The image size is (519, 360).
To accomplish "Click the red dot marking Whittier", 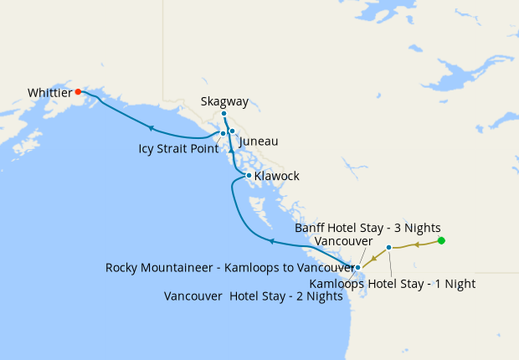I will tap(78, 91).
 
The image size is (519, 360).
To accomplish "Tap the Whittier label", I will tap(49, 92).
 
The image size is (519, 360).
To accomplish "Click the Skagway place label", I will tap(224, 101).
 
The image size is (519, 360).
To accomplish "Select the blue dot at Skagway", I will tap(224, 113).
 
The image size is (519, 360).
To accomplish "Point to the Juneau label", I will tap(258, 141).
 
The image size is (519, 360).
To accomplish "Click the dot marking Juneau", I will tap(232, 131).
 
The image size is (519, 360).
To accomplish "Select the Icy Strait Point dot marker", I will tap(223, 133).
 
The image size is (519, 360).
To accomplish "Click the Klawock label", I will tap(276, 177).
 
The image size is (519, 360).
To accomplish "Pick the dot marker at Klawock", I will tap(249, 175).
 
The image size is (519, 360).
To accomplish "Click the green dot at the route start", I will tap(441, 241).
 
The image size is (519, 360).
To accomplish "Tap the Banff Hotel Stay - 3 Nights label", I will tap(367, 227).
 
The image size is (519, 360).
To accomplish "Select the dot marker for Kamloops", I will tap(389, 247).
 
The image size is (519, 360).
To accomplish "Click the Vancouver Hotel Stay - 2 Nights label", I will tap(254, 296).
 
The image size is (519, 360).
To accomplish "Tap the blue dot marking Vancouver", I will tap(357, 267).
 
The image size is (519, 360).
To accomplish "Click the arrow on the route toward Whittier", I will tap(152, 128).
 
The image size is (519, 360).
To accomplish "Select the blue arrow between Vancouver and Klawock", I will tap(271, 241).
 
